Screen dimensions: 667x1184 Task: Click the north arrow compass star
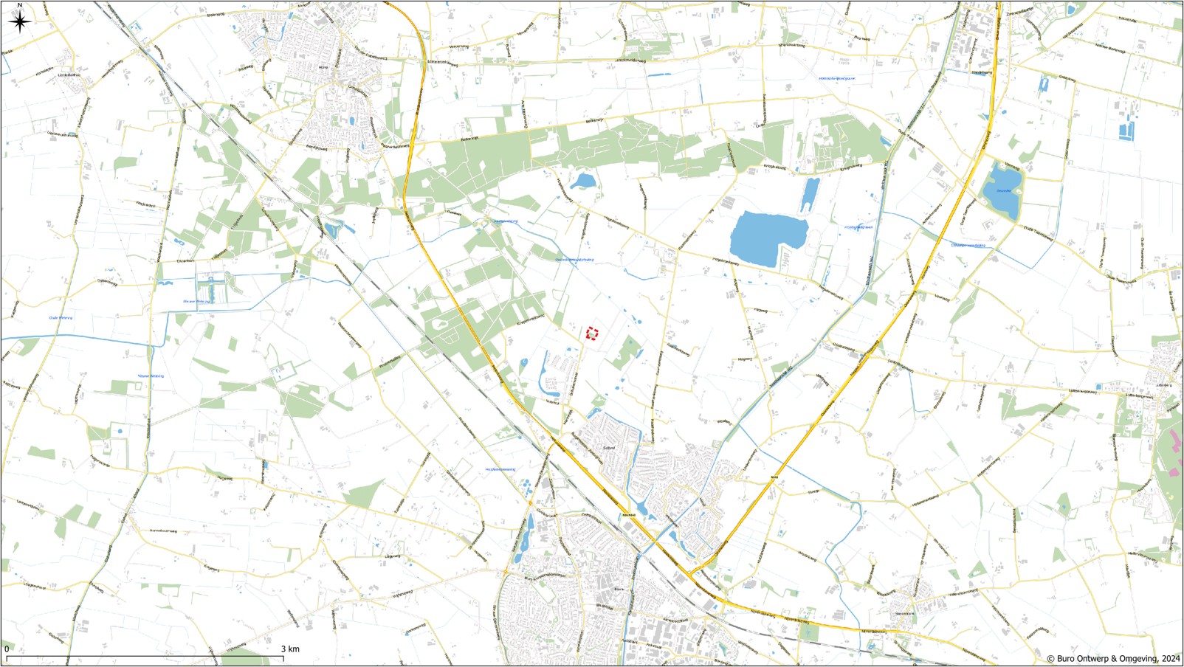[x=20, y=21]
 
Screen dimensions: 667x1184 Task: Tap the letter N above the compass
[x=20, y=5]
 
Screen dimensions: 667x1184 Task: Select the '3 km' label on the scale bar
[x=290, y=649]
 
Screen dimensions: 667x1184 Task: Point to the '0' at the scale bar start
[x=7, y=649]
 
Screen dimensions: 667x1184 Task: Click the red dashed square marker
[x=591, y=333]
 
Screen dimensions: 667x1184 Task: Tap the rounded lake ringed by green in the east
[x=1002, y=191]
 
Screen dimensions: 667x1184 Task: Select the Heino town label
[x=323, y=67]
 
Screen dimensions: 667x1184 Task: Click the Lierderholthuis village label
[x=69, y=75]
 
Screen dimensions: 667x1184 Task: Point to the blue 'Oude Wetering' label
[x=61, y=318]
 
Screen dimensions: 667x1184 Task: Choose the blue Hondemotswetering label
[x=500, y=469]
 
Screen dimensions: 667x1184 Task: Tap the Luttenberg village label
[x=1164, y=385]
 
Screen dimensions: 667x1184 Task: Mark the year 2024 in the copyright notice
[x=1171, y=659]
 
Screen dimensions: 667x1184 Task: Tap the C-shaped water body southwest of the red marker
[x=546, y=373]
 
